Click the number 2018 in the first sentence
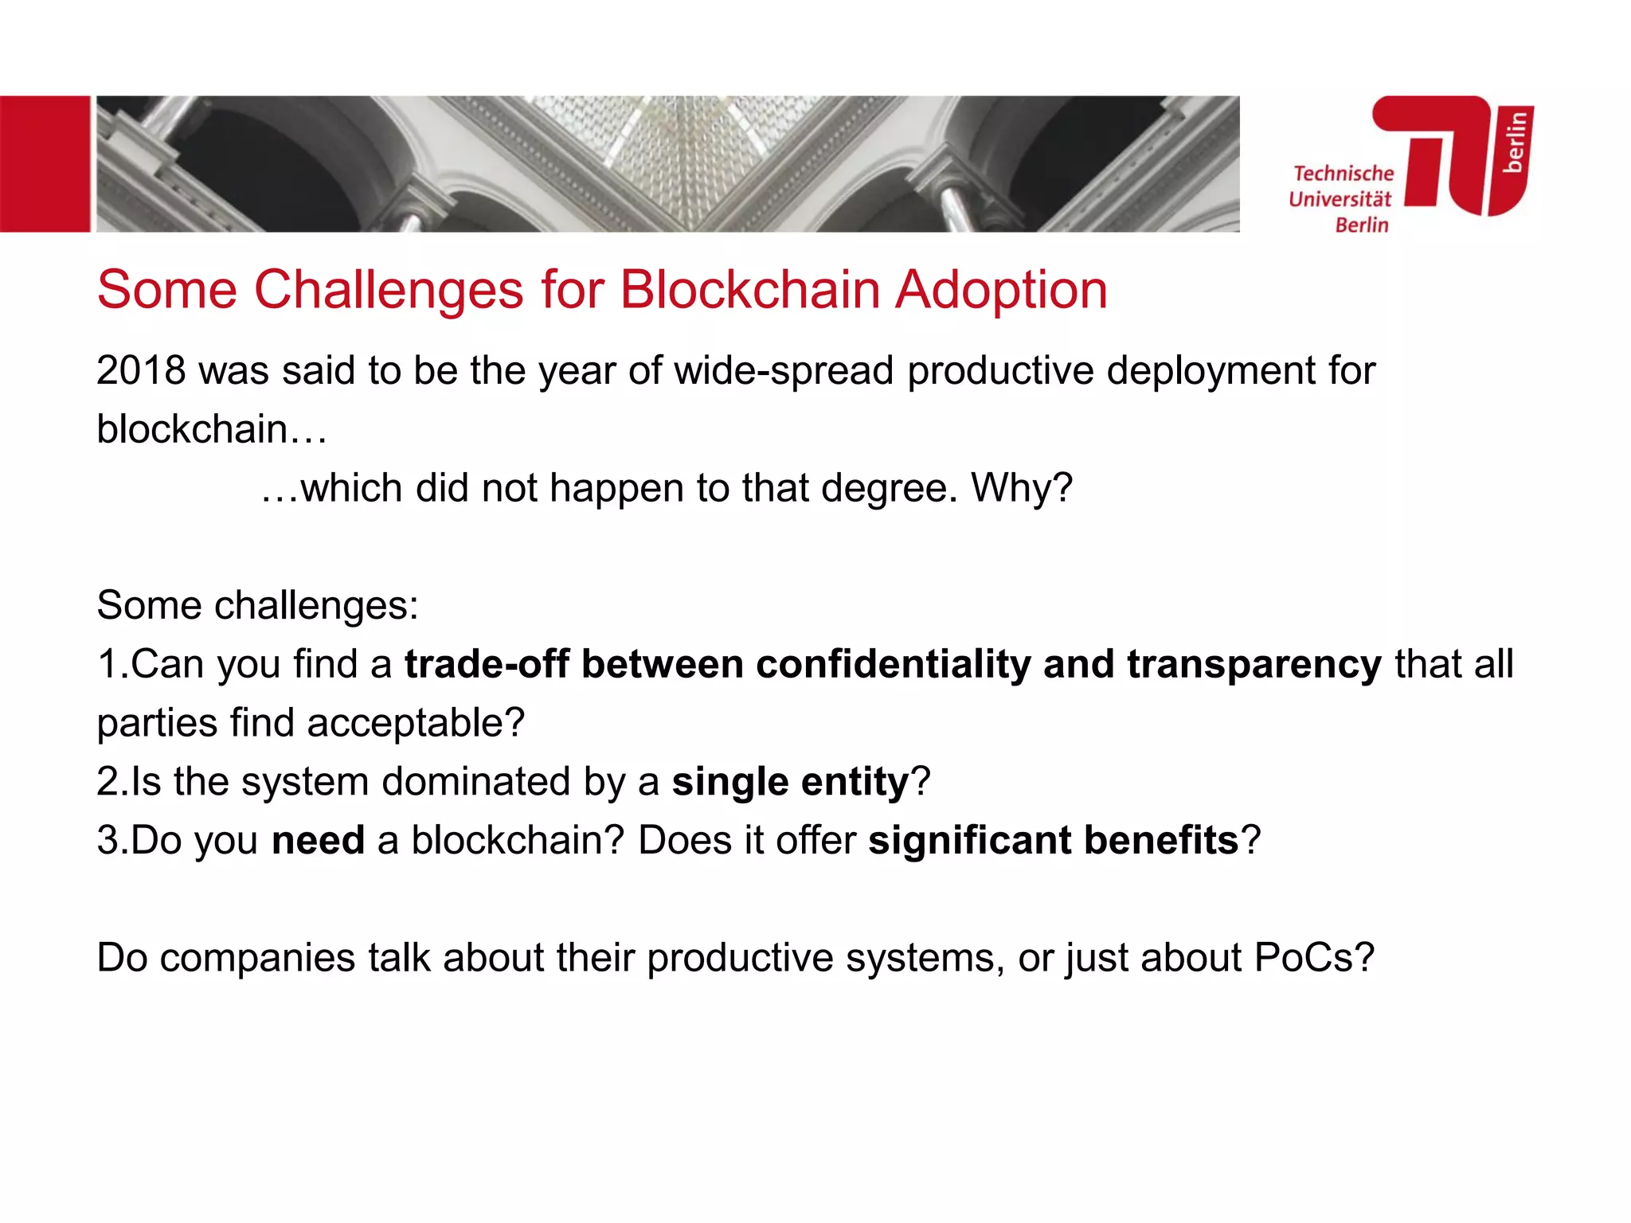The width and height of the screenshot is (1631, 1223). point(141,371)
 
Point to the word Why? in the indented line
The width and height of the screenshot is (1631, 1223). point(1022,488)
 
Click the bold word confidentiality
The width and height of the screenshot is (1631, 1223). point(893,664)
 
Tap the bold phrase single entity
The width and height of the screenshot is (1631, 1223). point(790,782)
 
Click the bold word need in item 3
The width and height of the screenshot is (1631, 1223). point(318,841)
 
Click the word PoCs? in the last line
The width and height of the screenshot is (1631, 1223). point(1314,958)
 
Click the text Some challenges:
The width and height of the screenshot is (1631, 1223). point(257,606)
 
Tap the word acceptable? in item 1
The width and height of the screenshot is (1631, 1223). point(416,724)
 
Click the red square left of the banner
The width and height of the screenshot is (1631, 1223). point(45,164)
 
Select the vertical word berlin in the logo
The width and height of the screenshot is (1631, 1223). point(1515,142)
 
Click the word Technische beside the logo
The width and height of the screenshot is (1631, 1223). point(1344,174)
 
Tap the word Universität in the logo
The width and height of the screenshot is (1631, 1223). point(1340,199)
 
